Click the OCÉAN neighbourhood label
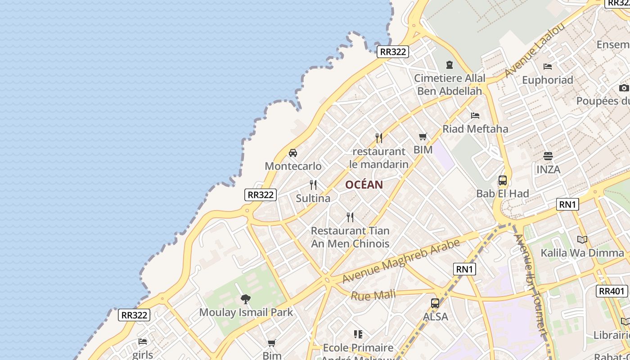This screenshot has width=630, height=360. pos(364,184)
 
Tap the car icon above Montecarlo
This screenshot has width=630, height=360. pos(293,153)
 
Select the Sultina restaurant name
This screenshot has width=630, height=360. pos(313,198)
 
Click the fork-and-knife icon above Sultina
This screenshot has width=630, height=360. pos(313,185)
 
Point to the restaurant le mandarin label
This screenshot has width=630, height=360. pos(379,157)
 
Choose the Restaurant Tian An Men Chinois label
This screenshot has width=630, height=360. pos(350,237)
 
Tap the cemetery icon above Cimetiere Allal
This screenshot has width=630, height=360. pos(449,65)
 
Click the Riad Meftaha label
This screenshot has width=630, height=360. pos(475,129)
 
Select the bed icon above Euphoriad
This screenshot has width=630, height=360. pos(548,67)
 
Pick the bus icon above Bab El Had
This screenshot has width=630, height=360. pos(503,180)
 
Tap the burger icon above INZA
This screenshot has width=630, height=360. pos(548,156)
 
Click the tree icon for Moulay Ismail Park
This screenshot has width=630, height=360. pos(246,299)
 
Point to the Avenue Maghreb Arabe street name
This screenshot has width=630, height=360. pos(401,261)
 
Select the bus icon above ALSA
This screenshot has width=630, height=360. pos(435,303)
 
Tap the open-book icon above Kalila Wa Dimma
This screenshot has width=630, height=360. pos(582,239)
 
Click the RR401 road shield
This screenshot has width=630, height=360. pos(612,291)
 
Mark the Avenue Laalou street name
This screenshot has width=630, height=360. pos(535,50)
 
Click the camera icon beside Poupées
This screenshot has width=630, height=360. pos(624,88)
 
